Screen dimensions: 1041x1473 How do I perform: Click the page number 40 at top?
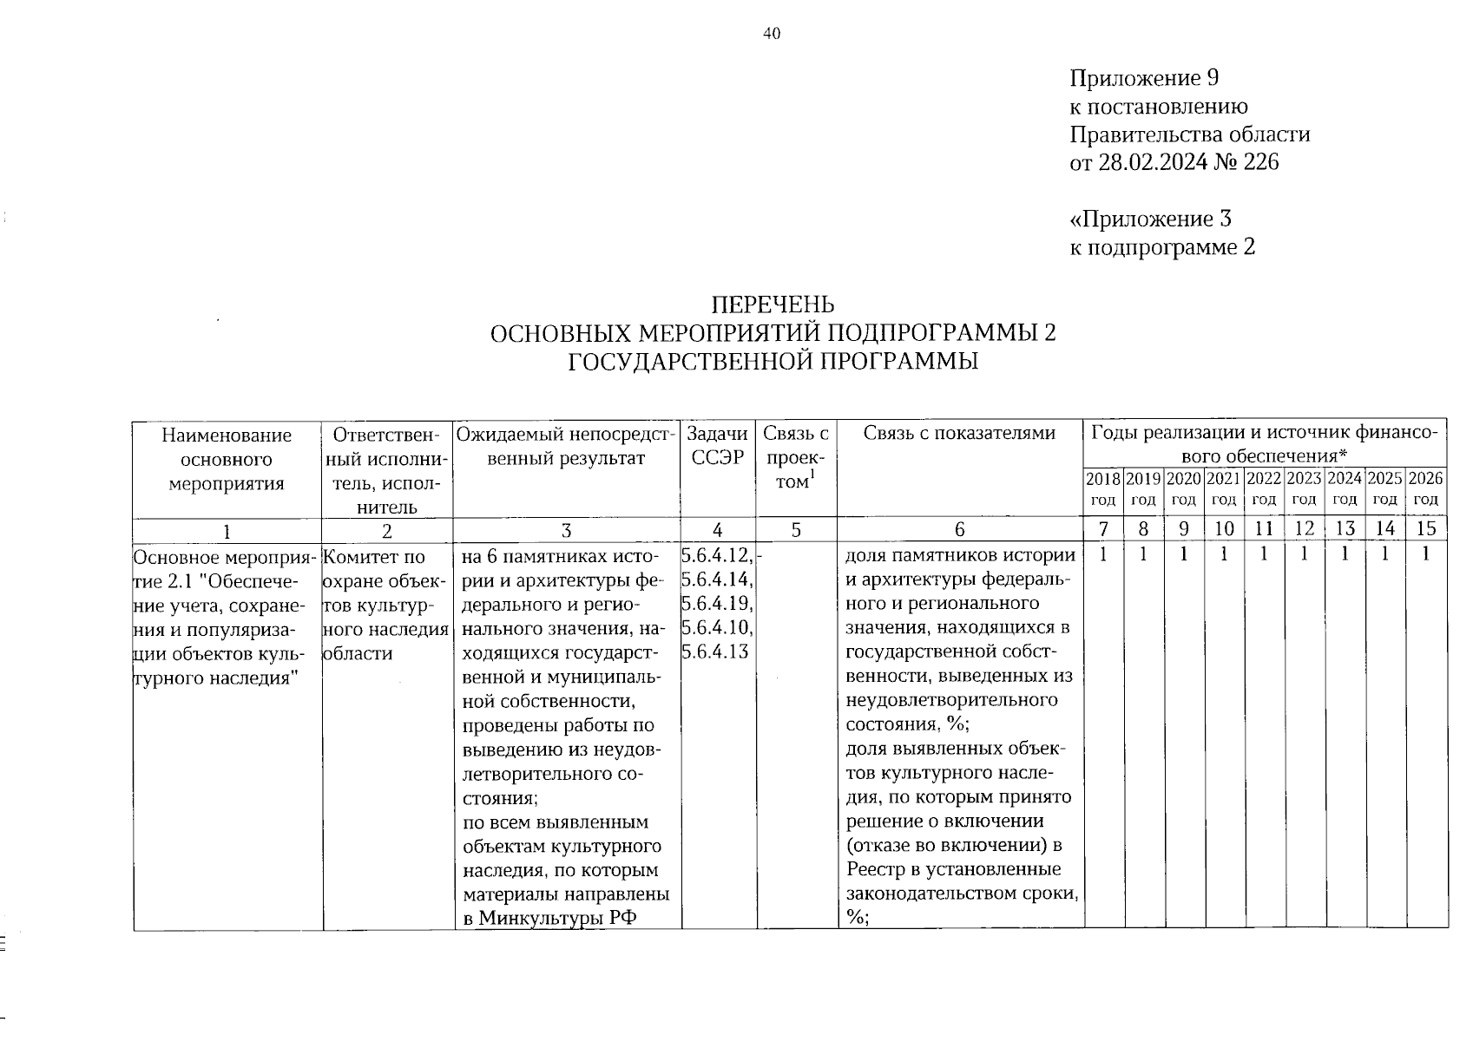coord(772,34)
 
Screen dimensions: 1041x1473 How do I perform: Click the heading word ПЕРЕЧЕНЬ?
coord(773,304)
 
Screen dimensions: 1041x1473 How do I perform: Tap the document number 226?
coord(1261,162)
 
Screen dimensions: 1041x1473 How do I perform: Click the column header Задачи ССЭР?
coord(717,446)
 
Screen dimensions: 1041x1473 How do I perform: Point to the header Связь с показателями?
coord(959,434)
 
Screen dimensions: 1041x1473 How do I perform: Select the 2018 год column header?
coord(1103,488)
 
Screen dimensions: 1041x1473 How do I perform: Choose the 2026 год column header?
coord(1426,488)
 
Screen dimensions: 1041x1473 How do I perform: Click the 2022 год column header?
coord(1264,488)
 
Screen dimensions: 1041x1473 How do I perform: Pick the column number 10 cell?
coord(1224,529)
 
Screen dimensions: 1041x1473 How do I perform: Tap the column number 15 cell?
coord(1426,529)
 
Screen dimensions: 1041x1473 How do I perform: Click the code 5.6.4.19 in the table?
coord(716,603)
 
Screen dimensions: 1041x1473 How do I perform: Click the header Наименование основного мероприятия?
coord(227,459)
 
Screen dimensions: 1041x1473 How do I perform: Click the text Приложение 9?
coord(1145,79)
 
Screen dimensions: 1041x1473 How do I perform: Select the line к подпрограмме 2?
coord(1162,247)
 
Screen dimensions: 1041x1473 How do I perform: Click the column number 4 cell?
coord(717,529)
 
